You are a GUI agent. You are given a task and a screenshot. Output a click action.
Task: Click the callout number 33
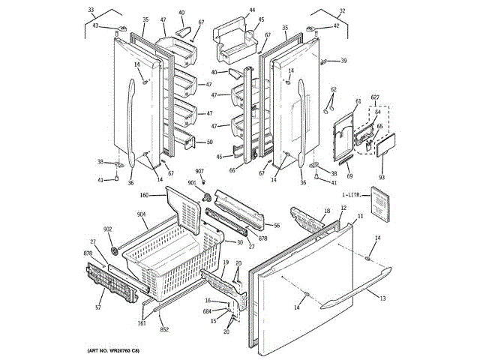[91, 10]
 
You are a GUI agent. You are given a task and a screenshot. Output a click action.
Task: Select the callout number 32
[321, 10]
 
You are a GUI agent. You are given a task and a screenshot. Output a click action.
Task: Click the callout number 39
[344, 61]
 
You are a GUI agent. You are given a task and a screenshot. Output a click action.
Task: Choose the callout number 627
[375, 97]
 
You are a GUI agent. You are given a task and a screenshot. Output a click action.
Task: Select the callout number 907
[200, 172]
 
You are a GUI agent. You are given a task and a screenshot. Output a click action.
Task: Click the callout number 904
[142, 214]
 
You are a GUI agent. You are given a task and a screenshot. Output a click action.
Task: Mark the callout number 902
[108, 229]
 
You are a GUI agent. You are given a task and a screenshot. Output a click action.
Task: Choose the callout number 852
[163, 329]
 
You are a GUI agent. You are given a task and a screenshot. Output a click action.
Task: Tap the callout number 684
[206, 311]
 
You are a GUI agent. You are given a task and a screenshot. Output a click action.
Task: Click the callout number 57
[97, 307]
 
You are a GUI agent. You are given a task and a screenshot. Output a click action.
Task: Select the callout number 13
[382, 298]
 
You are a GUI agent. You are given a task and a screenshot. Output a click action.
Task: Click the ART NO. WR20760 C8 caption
[113, 351]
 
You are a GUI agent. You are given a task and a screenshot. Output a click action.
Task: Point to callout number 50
[210, 142]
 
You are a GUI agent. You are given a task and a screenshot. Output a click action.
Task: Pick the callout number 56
[277, 225]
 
